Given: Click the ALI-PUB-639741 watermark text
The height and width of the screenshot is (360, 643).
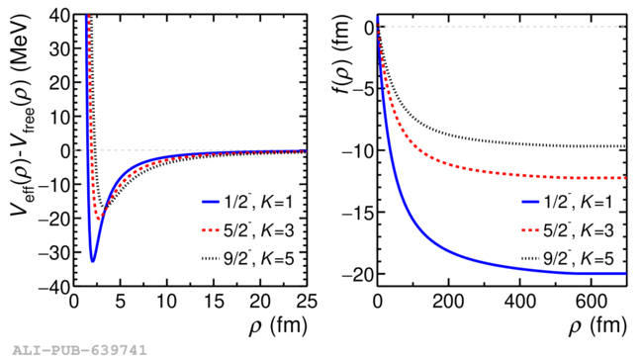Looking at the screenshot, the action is [79, 350].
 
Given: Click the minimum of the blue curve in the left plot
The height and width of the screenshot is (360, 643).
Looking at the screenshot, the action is [93, 261].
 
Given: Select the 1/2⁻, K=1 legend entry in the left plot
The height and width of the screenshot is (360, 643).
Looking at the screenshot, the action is [247, 202].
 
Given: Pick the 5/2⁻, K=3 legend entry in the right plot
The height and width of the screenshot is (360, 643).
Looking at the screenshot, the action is [568, 230].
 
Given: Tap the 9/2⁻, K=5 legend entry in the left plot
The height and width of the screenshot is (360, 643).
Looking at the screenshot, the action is [247, 259].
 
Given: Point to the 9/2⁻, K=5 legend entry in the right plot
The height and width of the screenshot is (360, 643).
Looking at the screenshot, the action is [568, 259].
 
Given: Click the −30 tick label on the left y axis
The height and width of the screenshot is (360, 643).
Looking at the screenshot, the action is [53, 252].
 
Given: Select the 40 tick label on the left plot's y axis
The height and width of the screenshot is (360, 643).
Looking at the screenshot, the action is [59, 16].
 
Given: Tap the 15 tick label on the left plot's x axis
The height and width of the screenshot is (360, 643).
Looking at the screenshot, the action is [214, 302].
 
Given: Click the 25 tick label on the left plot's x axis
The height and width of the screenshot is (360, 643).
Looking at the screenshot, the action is [307, 302].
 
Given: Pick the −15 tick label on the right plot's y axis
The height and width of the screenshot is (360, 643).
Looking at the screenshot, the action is [357, 212].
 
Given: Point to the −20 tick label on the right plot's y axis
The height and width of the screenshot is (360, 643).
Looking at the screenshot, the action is [356, 274].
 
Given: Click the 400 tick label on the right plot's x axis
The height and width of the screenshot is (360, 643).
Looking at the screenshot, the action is [520, 302].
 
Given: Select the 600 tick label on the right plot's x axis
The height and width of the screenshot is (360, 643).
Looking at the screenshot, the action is [591, 302].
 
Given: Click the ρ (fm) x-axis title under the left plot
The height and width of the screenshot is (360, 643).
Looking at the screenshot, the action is [278, 326].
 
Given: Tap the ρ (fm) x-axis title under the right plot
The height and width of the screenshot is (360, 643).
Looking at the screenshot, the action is [597, 326].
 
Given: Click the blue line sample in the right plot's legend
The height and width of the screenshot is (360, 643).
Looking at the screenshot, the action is [530, 202].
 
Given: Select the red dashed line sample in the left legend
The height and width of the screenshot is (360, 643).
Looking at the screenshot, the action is [211, 230].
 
